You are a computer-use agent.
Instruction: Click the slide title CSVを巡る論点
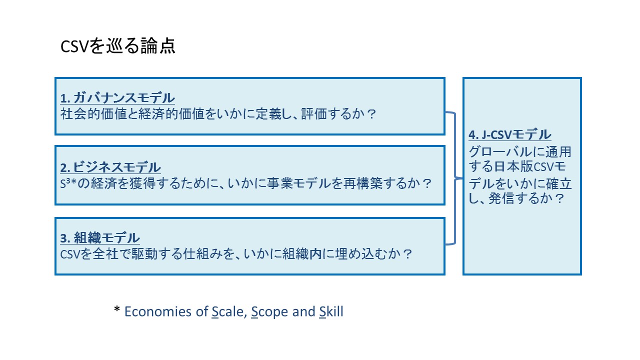[117, 46]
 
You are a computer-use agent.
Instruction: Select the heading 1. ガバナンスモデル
[117, 97]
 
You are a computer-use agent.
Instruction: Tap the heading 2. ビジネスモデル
[110, 167]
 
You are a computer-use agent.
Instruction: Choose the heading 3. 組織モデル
[100, 237]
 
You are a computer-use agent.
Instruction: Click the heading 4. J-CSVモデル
[510, 134]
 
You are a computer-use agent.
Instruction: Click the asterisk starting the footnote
[117, 310]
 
